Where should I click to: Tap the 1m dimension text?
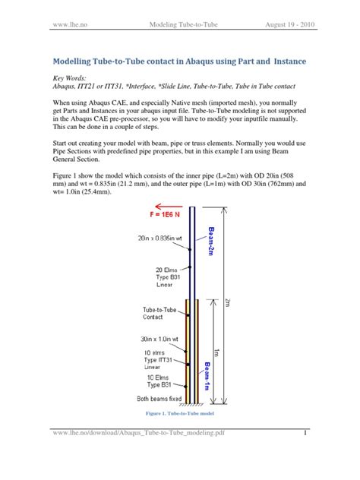click(217, 352)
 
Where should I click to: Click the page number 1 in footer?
click(304, 455)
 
